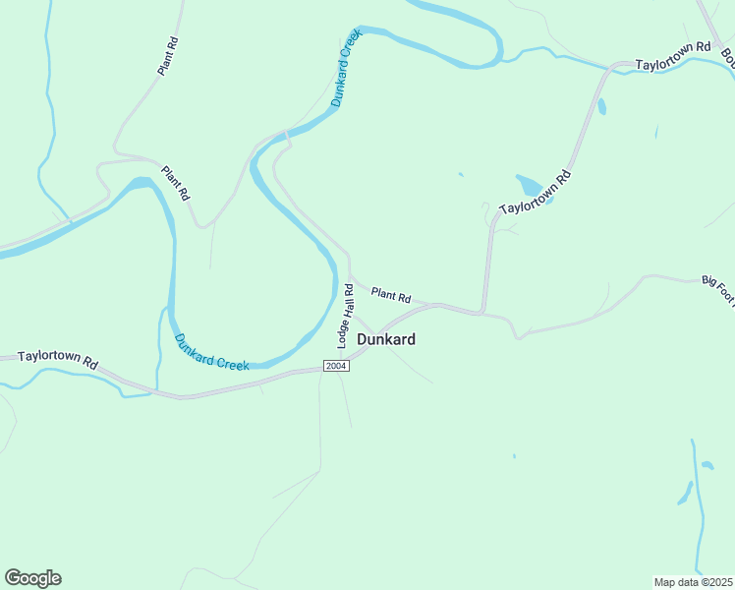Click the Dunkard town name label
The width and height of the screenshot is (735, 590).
coord(385,339)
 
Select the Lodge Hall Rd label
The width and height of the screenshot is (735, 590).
coord(345,316)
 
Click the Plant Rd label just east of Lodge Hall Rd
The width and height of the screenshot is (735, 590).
coord(390,294)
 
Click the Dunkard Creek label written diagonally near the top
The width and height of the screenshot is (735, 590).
coord(347,67)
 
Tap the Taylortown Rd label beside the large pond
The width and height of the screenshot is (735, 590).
coord(535,194)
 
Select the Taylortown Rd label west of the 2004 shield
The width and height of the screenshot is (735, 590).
coord(58,361)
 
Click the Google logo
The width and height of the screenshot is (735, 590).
coord(32,578)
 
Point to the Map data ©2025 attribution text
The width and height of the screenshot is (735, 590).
coord(693,582)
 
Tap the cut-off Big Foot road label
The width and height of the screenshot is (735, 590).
coord(717,287)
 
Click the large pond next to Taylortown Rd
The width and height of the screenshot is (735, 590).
coord(532,186)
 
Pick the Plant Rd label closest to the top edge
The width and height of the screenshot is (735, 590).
coord(168,57)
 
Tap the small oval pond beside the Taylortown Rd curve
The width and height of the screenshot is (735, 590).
coord(601,106)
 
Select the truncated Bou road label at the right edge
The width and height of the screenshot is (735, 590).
coord(728,60)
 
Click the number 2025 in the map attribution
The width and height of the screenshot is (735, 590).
coord(720,582)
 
